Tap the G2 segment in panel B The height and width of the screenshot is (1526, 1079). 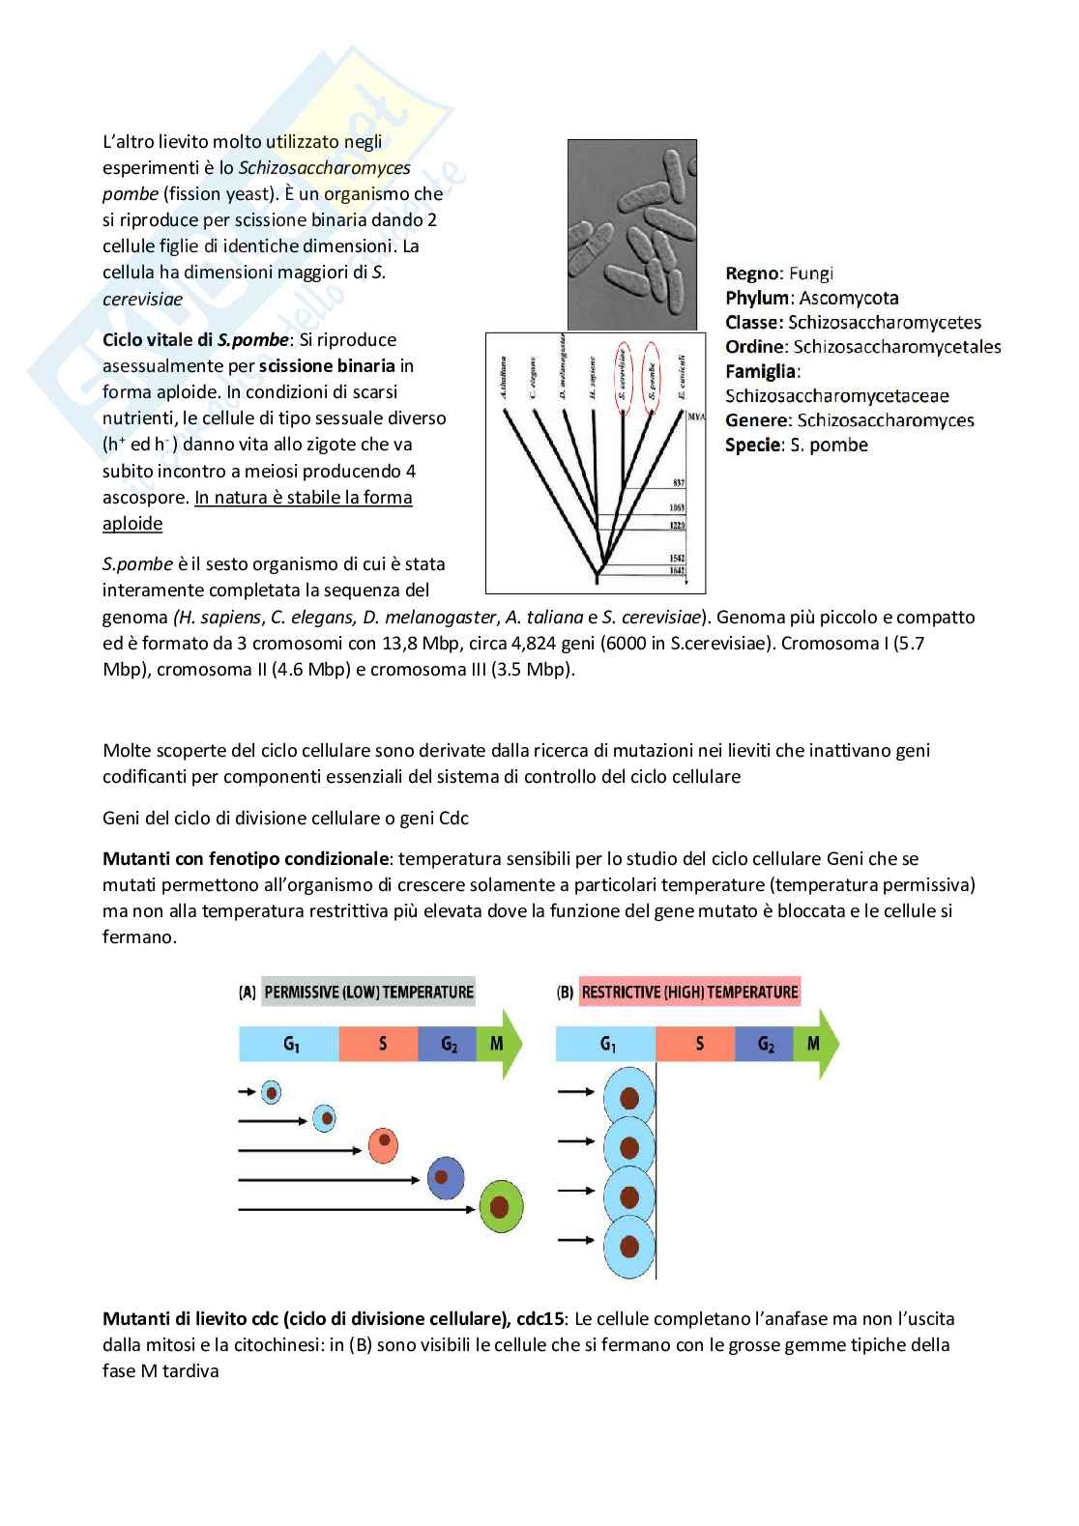[x=764, y=1044]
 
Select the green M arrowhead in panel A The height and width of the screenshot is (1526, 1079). [x=500, y=1044]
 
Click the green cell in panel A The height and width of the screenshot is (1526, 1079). [x=500, y=1206]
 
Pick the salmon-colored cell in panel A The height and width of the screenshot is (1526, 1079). [x=385, y=1145]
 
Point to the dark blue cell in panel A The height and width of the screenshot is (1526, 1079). [x=442, y=1177]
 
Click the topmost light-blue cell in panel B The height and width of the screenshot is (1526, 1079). [x=629, y=1099]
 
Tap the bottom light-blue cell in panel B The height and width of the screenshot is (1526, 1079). [x=629, y=1248]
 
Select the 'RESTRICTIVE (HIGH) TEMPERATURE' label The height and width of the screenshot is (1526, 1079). [x=689, y=992]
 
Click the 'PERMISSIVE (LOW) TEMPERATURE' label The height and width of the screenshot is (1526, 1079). [x=368, y=992]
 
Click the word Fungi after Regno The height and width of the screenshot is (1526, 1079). [x=810, y=274]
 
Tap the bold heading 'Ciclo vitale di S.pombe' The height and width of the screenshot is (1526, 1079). [x=195, y=340]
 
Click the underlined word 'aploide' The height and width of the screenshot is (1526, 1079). [x=132, y=524]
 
